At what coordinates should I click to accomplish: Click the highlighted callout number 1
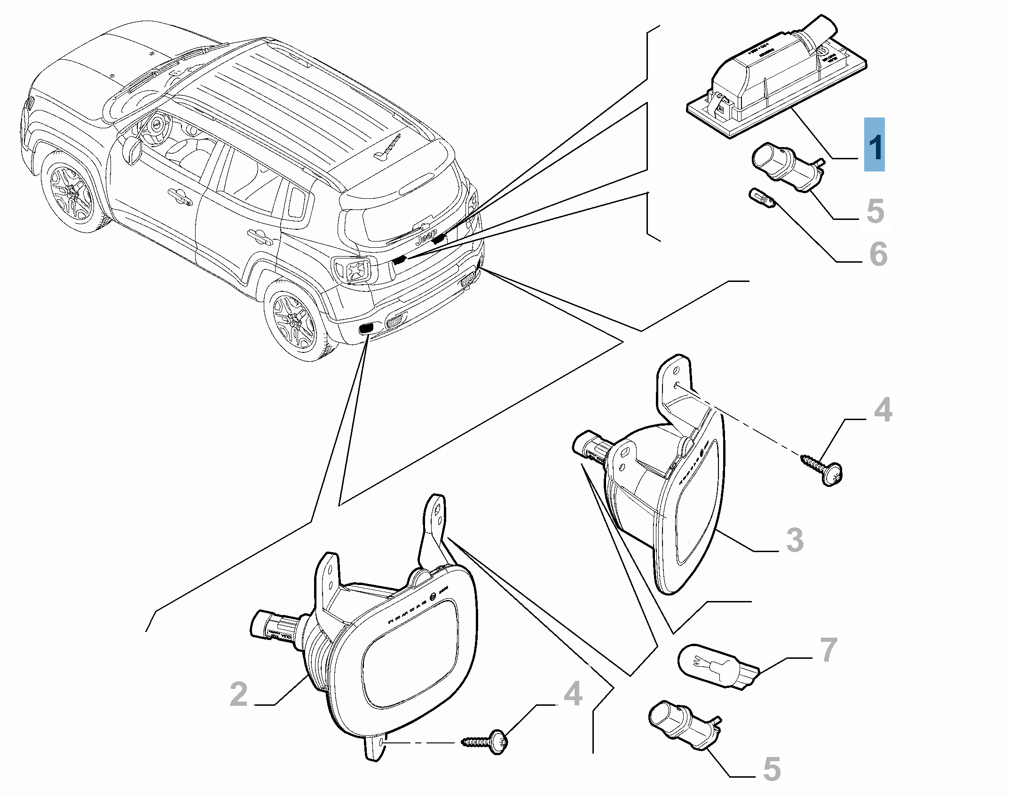click(x=874, y=145)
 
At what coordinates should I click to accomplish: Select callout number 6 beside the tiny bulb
click(x=878, y=254)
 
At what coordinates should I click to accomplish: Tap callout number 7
click(x=828, y=650)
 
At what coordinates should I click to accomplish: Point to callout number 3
click(x=795, y=540)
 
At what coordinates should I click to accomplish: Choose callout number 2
click(x=239, y=695)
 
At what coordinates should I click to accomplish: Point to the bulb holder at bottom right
click(x=682, y=733)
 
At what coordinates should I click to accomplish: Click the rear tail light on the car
click(x=353, y=270)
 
